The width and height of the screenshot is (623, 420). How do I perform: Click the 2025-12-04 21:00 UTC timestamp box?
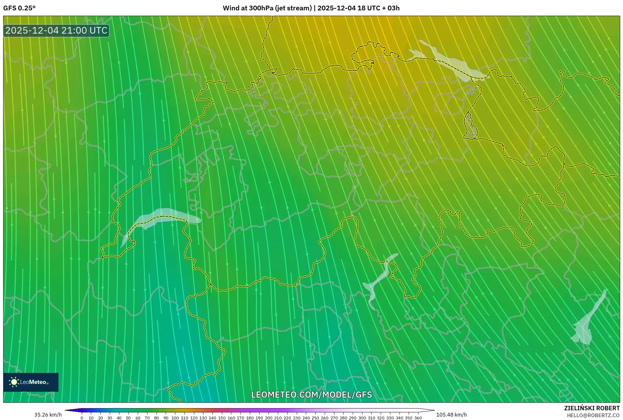[x=56, y=30]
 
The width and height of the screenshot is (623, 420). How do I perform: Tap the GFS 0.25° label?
[x=19, y=8]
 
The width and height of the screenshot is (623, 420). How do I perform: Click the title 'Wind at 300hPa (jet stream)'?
[x=267, y=8]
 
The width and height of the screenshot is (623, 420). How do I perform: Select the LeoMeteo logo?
[x=31, y=382]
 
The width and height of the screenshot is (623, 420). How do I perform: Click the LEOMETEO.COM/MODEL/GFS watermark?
[x=311, y=395]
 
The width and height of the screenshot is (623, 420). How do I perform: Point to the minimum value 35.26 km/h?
[x=48, y=415]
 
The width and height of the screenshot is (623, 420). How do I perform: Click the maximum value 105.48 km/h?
[x=451, y=415]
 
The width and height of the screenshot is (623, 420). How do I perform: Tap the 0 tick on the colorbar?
[x=82, y=418]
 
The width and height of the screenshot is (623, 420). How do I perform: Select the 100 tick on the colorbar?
[x=175, y=418]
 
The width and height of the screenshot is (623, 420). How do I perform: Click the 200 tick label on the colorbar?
[x=268, y=418]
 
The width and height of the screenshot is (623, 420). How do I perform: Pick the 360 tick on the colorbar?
[x=418, y=418]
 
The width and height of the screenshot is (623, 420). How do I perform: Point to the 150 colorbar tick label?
[x=222, y=418]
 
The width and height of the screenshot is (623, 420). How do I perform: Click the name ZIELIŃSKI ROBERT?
[x=592, y=408]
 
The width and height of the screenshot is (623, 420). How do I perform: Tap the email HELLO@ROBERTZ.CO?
[x=593, y=415]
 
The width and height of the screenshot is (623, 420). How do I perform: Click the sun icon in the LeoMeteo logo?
[x=14, y=382]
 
